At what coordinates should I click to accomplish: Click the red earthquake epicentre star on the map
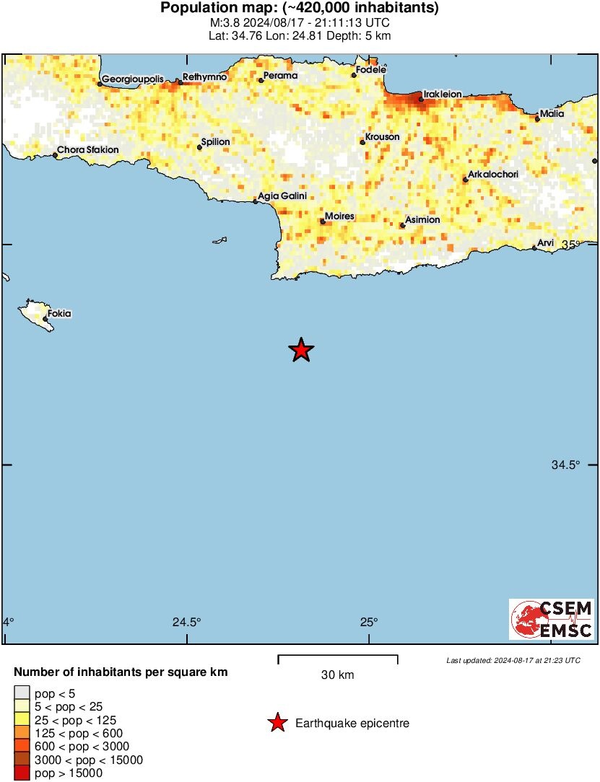[301, 351]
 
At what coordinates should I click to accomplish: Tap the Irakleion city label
[443, 94]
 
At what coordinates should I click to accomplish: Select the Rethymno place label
[205, 77]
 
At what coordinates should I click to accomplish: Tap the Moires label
[338, 216]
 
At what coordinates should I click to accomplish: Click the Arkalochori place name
[493, 174]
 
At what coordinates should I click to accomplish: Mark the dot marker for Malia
[537, 119]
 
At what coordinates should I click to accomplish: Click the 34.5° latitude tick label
[565, 465]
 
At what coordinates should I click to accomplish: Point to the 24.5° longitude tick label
[186, 623]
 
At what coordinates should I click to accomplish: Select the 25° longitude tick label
[369, 623]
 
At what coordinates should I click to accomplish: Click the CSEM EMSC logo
[552, 619]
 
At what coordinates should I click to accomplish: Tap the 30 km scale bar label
[337, 675]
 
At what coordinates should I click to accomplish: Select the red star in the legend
[276, 723]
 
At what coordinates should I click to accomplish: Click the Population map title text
[300, 9]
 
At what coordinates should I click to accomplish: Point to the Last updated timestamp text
[513, 660]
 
